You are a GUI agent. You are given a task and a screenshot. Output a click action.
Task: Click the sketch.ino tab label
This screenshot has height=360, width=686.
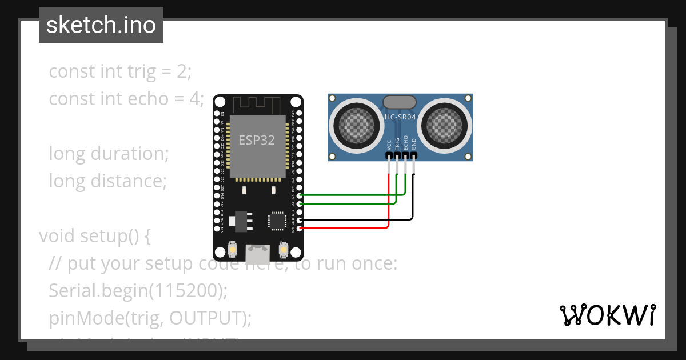[x=101, y=25]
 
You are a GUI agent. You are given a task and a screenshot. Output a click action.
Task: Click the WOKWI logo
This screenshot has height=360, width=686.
[x=607, y=315]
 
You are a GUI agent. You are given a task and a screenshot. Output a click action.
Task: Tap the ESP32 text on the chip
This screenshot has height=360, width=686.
[x=257, y=141]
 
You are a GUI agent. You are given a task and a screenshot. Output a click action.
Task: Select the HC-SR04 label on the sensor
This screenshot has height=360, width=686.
[x=400, y=117]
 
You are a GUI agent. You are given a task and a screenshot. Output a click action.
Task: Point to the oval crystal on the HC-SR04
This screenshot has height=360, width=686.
[x=400, y=102]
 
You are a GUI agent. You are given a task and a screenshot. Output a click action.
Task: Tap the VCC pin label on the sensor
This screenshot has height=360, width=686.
[x=389, y=145]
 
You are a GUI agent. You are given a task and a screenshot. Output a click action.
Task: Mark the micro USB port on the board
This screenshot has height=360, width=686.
[x=258, y=251]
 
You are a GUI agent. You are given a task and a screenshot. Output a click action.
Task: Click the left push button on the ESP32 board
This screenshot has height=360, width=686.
[x=233, y=250]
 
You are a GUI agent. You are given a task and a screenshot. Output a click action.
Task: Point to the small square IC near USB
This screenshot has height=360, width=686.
[x=277, y=221]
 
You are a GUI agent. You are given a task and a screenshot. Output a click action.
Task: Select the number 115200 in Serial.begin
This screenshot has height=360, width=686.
[x=186, y=291]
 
